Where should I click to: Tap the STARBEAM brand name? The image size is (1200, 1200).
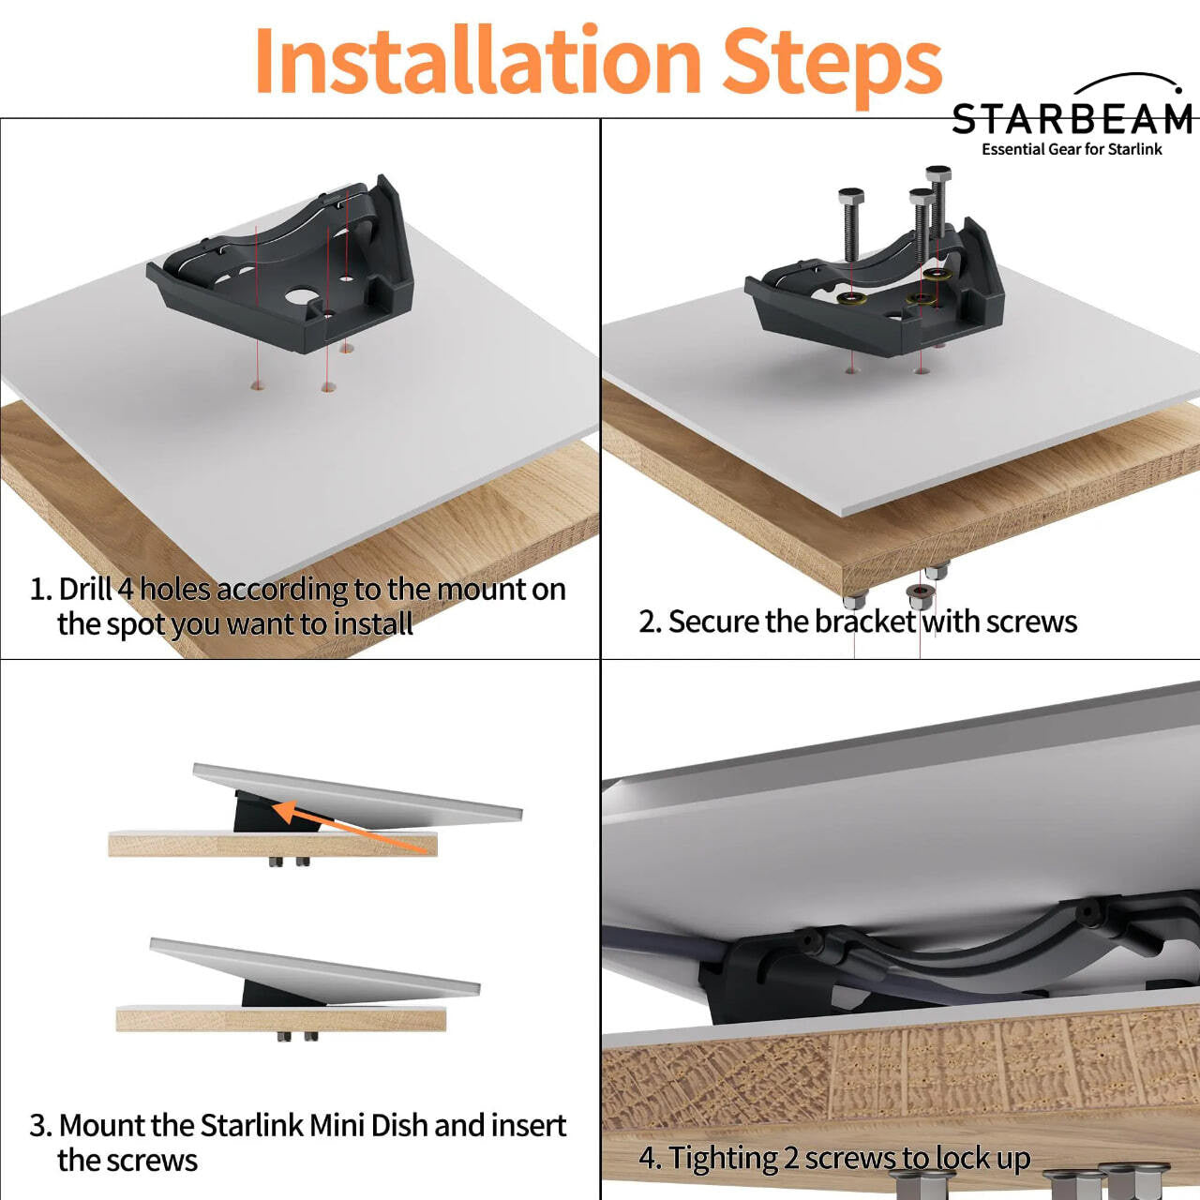(x=1072, y=120)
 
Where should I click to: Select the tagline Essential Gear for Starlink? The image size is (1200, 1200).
(x=1072, y=149)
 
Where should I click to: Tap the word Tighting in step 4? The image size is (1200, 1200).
(x=723, y=1159)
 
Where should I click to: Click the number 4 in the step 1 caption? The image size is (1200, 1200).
(x=126, y=590)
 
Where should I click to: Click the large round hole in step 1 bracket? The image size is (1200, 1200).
(x=301, y=298)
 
